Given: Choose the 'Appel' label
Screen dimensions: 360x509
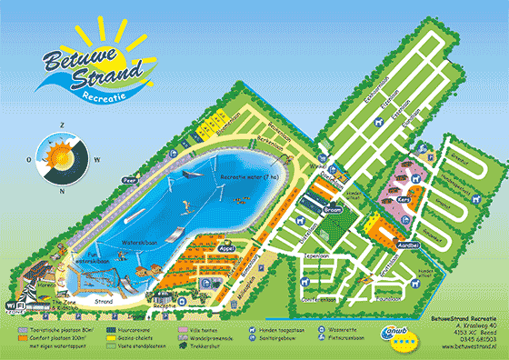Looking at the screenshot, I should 225,245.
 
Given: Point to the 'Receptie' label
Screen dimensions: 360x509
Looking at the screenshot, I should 165,306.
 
